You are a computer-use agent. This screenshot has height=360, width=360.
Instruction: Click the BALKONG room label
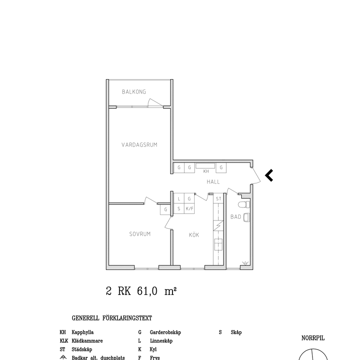pyautogui.click(x=134, y=92)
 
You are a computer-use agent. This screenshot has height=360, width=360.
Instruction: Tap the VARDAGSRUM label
pyautogui.click(x=139, y=145)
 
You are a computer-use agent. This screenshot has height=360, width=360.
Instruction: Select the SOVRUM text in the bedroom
pyautogui.click(x=140, y=234)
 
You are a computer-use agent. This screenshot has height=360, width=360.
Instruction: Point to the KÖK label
pyautogui.click(x=194, y=235)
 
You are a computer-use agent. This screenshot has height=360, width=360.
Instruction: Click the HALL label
pyautogui.click(x=213, y=182)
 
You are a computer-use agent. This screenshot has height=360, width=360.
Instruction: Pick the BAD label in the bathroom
pyautogui.click(x=236, y=217)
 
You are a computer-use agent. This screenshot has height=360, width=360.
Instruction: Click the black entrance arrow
pyautogui.click(x=269, y=175)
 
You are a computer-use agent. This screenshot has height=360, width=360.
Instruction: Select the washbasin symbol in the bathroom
pyautogui.click(x=246, y=217)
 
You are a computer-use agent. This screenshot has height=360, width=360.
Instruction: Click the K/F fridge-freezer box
pyautogui.click(x=189, y=209)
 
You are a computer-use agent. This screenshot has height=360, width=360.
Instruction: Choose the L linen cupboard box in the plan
pyautogui.click(x=179, y=199)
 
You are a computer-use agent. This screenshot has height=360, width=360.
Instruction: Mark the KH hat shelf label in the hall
pyautogui.click(x=205, y=171)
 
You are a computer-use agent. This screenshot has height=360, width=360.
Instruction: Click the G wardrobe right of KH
pyautogui.click(x=221, y=168)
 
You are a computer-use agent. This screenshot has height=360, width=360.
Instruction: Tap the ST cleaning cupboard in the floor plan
pyautogui.click(x=218, y=199)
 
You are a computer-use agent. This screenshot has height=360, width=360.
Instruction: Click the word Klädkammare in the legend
pyautogui.click(x=87, y=341)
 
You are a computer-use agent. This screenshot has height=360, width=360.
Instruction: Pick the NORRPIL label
pyautogui.click(x=312, y=338)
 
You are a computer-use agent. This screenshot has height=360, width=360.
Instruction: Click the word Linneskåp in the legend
pyautogui.click(x=161, y=341)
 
